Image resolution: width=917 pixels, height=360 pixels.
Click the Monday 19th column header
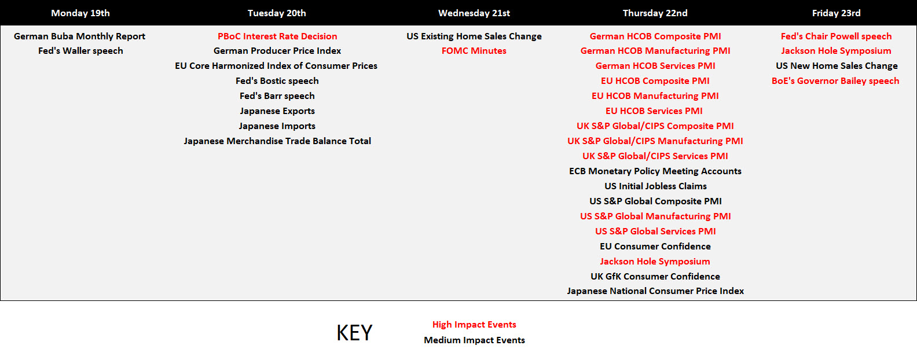80,13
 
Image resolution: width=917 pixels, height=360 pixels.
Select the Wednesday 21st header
474,13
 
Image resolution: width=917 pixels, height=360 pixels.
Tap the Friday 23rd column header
837,13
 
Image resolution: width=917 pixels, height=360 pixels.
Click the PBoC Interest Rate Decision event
277,36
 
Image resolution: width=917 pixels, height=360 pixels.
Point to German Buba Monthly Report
79,36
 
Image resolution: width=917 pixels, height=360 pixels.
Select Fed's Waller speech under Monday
80,51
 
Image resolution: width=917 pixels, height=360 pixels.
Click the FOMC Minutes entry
474,51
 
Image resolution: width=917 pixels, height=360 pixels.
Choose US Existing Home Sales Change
474,36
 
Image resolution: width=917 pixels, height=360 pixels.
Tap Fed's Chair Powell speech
836,36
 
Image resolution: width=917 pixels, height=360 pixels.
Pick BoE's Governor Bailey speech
835,81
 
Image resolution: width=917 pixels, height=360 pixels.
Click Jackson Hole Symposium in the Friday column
836,51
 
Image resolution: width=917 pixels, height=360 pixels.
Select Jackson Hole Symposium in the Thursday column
655,262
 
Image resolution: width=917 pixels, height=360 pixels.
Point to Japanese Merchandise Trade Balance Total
277,141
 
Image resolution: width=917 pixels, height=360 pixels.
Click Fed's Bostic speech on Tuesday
277,81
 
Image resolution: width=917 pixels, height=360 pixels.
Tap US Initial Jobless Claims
655,186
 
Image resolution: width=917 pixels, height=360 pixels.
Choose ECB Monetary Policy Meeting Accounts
655,171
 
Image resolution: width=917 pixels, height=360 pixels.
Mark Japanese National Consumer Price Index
655,291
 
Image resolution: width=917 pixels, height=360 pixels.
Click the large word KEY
354,333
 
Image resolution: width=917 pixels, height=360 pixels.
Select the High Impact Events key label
474,325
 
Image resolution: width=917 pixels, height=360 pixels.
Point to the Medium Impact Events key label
474,340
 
